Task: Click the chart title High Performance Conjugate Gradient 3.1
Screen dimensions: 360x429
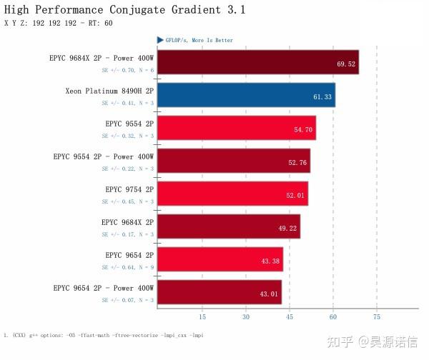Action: (x=124, y=10)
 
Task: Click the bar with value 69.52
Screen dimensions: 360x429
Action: (x=257, y=62)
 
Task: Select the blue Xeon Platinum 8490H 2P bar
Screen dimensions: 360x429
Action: (x=245, y=95)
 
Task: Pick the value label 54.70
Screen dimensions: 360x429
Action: (x=303, y=129)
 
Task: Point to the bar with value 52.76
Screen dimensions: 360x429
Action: (x=233, y=161)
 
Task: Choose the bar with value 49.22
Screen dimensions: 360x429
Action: (x=228, y=226)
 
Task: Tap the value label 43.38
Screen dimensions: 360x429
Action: (x=270, y=261)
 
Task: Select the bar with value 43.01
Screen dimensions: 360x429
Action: (x=219, y=292)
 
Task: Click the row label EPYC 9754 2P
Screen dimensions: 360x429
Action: (x=129, y=189)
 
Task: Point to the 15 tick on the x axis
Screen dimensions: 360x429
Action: (x=202, y=316)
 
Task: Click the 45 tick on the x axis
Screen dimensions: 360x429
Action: (x=289, y=316)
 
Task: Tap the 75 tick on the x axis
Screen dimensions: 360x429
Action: (x=376, y=316)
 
